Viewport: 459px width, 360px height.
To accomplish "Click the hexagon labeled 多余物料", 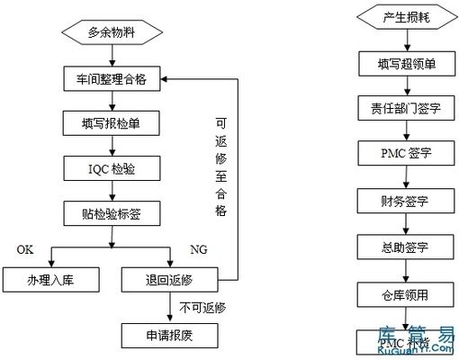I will tap(112, 34).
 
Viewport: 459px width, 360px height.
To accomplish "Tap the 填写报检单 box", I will tap(112, 122).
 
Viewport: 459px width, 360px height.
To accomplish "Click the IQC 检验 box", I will tap(112, 167).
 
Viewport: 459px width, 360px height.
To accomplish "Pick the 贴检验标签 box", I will tap(112, 213).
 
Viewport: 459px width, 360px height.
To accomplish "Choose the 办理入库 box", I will tap(50, 280).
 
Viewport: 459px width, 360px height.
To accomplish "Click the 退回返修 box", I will tap(169, 280).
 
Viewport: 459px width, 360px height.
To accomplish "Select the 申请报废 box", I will tap(169, 336).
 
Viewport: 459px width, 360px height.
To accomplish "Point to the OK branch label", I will tap(27, 249).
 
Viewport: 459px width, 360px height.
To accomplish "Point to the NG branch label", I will tap(199, 249).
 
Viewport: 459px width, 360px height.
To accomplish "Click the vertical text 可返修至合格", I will tap(220, 166).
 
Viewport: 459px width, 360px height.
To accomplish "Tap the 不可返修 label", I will tap(202, 308).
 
